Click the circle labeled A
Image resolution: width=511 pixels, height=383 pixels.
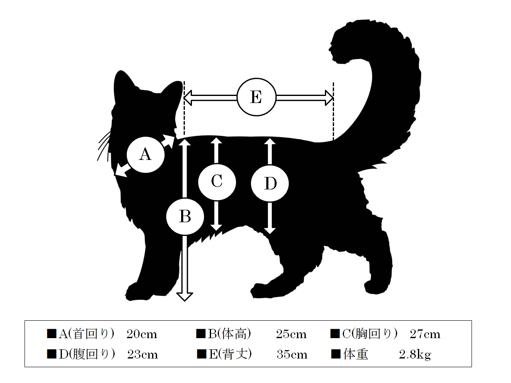click(146, 155)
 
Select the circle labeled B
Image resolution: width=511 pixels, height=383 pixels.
click(185, 216)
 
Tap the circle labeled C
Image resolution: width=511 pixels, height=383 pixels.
click(217, 182)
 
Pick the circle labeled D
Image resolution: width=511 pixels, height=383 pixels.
click(270, 183)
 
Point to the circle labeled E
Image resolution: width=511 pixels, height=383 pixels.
click(256, 97)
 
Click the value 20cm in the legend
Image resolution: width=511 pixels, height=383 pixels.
click(142, 334)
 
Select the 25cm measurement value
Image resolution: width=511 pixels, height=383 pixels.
click(291, 334)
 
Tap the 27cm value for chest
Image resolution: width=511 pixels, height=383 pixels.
click(425, 334)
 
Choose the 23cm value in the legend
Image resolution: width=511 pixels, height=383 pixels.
click(142, 355)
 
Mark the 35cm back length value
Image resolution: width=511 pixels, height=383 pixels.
click(292, 355)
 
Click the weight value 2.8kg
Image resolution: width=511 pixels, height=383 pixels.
click(415, 355)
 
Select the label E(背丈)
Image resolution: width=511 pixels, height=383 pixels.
click(230, 354)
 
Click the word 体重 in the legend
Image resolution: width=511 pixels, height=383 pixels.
click(356, 354)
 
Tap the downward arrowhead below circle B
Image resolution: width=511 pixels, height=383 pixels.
click(184, 297)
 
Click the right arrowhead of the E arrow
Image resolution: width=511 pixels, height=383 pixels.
click(329, 98)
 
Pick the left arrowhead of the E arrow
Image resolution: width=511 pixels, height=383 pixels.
click(188, 98)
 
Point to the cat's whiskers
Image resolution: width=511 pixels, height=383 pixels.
click(104, 146)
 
